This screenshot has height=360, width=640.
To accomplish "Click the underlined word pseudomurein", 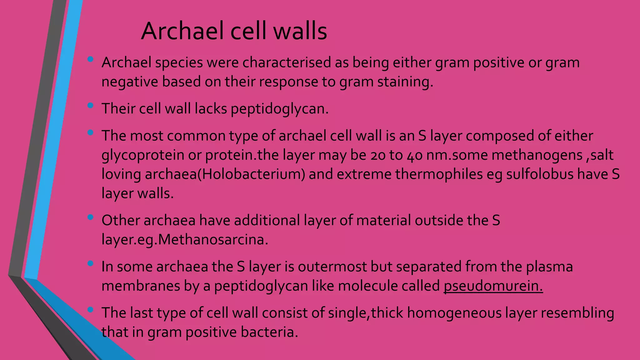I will coord(493,286).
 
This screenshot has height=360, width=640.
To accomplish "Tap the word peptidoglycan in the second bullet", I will coord(280,109).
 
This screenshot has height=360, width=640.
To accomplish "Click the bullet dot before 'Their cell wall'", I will coord(91,105).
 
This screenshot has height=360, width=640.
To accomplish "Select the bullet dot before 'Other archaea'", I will coord(91,217).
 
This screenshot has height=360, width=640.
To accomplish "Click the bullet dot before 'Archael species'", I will coord(91,59).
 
